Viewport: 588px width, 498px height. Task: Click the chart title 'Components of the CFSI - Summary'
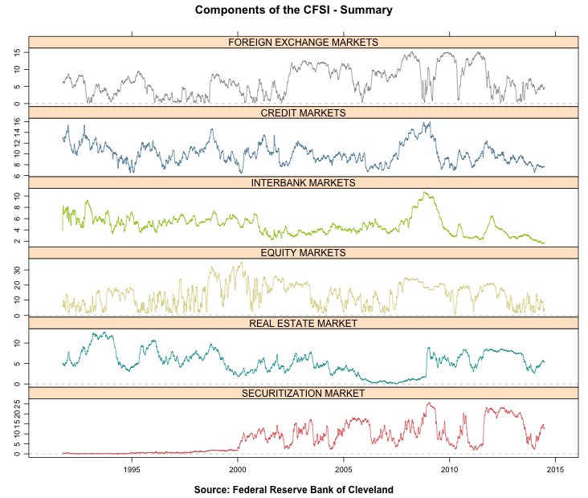[293, 10]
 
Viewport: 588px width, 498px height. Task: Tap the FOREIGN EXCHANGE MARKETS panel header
[303, 42]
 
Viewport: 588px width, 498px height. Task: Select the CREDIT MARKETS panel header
[303, 112]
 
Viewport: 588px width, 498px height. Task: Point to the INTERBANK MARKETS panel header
[303, 182]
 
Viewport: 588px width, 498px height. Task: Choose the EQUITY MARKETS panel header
[303, 252]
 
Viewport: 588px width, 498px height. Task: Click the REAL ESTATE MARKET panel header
[303, 323]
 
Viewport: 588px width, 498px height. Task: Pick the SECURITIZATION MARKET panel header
[303, 393]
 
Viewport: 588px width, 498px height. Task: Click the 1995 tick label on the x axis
[132, 469]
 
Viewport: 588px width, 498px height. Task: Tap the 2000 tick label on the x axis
[238, 469]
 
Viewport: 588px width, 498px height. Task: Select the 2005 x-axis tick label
[344, 469]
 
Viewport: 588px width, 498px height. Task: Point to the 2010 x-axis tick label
[450, 469]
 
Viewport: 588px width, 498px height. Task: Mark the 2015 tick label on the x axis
[556, 469]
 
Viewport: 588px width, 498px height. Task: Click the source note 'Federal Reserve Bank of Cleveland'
[293, 489]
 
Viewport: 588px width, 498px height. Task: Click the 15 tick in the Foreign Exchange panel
[17, 52]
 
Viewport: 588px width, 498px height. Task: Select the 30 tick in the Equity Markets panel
[17, 271]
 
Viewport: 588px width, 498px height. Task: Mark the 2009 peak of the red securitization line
[430, 403]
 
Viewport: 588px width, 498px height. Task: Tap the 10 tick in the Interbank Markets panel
[17, 196]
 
